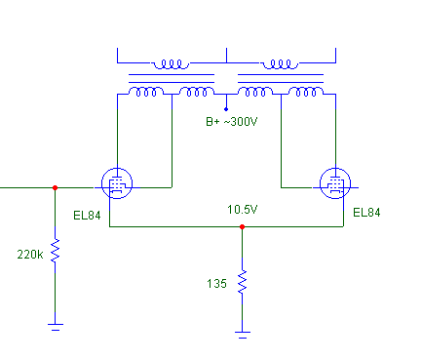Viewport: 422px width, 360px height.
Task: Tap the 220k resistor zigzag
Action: [56, 250]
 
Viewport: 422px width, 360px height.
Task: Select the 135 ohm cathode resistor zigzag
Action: [242, 282]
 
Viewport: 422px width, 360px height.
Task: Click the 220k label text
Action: [30, 255]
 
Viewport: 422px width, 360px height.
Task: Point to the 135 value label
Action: [216, 284]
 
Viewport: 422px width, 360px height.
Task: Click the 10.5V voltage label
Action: [243, 210]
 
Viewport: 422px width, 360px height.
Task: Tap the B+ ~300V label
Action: [232, 122]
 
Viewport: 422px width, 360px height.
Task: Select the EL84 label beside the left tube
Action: [87, 216]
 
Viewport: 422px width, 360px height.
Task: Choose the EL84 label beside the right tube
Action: [366, 213]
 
